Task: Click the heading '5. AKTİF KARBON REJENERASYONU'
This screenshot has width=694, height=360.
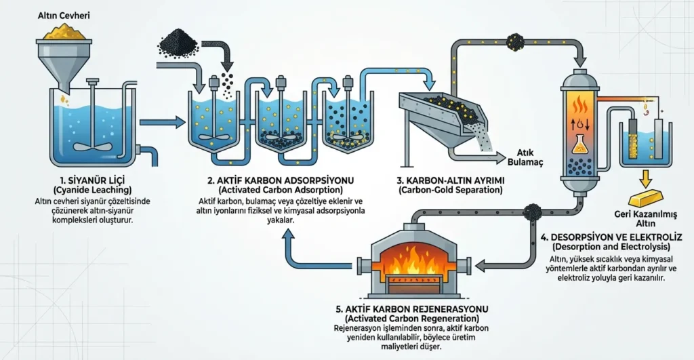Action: (x=412, y=308)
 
